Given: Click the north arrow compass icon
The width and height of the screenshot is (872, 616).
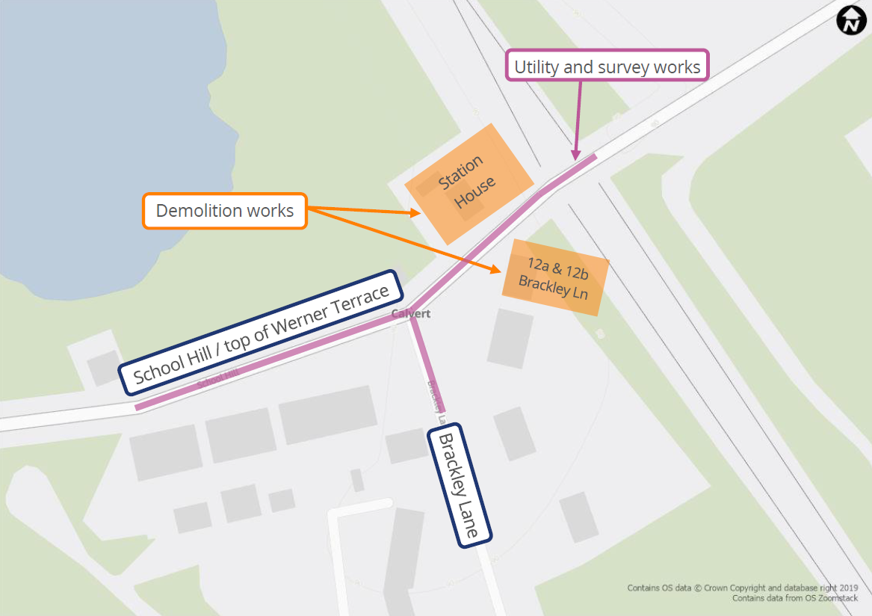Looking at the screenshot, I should [850, 20].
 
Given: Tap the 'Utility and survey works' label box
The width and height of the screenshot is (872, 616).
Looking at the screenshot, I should [607, 67].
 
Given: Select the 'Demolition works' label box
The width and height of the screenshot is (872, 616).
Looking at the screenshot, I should [224, 211].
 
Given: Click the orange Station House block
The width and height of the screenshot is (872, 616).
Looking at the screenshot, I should [469, 183].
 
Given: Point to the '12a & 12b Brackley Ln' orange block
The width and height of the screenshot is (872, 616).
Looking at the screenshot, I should [555, 277].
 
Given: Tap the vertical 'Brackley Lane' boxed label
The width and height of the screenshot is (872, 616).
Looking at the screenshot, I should [458, 486].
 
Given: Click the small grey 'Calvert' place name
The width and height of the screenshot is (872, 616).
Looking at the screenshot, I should [411, 314].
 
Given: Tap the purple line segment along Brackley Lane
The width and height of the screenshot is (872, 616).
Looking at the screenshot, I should [426, 366].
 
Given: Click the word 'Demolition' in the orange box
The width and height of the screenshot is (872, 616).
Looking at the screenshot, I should [191, 211].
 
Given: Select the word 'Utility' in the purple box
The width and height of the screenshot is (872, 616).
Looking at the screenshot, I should [537, 67].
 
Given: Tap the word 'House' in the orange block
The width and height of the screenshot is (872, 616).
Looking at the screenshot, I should [476, 193].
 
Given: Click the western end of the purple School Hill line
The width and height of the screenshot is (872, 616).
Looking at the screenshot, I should [139, 407].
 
